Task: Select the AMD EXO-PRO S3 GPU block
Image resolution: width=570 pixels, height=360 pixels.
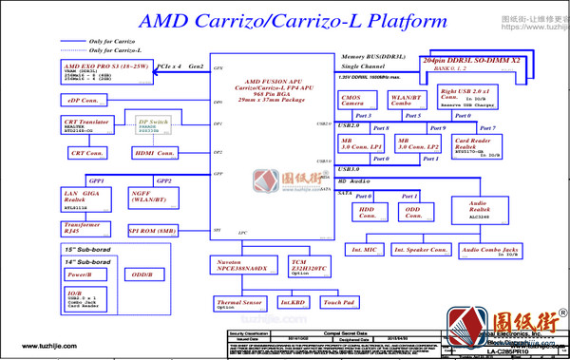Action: [x=105, y=72]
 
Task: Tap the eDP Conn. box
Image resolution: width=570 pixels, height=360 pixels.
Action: [x=83, y=100]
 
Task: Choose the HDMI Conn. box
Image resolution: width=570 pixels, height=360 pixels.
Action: [x=154, y=153]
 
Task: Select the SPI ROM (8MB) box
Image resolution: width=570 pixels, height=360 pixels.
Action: [x=152, y=231]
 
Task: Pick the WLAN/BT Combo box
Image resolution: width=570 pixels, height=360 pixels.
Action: [x=406, y=101]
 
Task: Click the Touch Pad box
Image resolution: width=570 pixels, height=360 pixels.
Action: [x=339, y=303]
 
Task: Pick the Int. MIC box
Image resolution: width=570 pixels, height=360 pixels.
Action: [x=364, y=250]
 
